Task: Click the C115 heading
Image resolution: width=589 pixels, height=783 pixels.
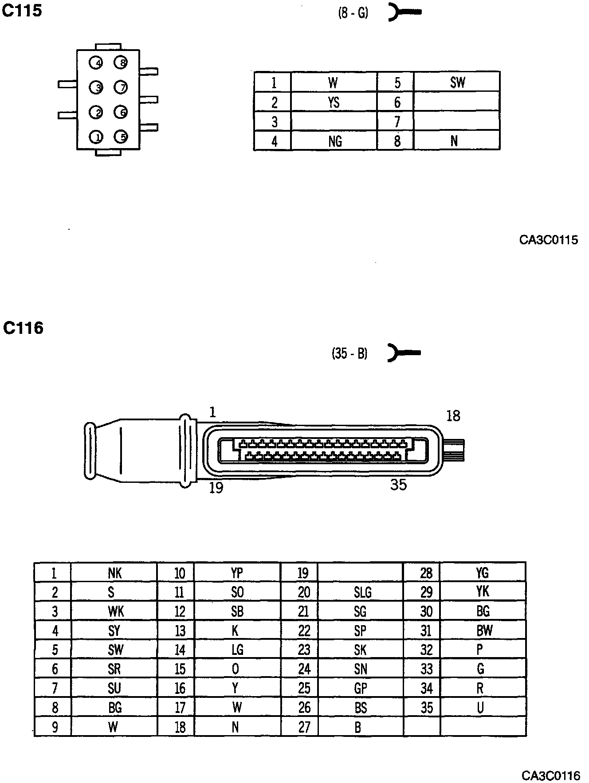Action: pos(22,11)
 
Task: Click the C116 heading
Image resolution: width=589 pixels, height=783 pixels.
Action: pos(23,328)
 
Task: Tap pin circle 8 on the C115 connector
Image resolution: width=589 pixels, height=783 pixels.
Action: pos(121,63)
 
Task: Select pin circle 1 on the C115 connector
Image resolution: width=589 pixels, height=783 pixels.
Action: pos(96,137)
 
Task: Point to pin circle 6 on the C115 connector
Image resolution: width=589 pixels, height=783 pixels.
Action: pos(121,112)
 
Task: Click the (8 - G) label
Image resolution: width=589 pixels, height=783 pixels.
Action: pos(353,13)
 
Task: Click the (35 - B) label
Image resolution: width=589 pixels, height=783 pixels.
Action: pos(349,353)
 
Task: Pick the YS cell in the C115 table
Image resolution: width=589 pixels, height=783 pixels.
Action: pos(334,102)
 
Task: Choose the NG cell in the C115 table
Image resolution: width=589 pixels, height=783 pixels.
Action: pos(335,141)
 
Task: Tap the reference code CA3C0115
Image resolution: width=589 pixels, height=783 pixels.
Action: pos(549,240)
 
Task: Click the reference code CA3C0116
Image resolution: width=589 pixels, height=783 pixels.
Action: pos(550,775)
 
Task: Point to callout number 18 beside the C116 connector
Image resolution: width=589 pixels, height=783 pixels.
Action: pos(453,416)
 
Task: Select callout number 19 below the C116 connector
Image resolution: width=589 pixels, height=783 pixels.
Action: pos(216,488)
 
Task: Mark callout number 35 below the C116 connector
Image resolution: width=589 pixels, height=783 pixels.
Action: pos(398,485)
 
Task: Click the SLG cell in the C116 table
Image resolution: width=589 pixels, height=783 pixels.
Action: pos(362,592)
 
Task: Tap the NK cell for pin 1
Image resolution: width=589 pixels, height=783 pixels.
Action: pos(114,573)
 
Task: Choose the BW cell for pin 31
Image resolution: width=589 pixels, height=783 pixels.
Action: pos(484,630)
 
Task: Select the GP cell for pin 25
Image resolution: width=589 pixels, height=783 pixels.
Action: pos(361,688)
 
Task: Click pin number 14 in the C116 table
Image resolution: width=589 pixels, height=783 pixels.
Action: pos(180,650)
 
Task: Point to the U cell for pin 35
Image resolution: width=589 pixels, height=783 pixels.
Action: pos(480,708)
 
